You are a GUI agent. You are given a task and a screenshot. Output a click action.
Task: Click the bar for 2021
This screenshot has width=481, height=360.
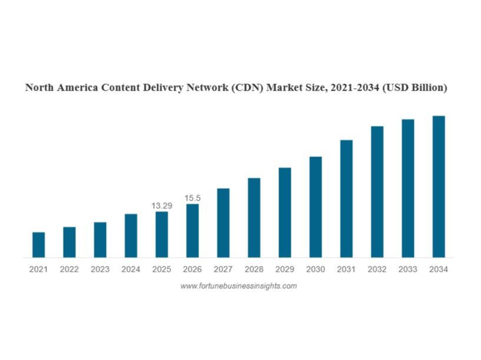click(x=38, y=245)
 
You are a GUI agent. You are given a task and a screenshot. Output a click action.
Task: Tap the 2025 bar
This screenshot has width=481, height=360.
click(x=161, y=234)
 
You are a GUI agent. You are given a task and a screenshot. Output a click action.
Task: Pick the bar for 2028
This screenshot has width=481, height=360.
click(x=254, y=217)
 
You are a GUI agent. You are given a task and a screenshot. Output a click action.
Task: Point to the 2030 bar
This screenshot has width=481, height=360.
click(x=316, y=206)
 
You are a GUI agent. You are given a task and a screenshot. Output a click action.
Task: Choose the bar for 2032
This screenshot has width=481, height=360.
click(x=377, y=191)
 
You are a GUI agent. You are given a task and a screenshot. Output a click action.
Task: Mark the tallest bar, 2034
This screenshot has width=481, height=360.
click(x=439, y=186)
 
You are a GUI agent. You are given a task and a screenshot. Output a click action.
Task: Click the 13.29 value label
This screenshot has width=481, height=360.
click(x=162, y=206)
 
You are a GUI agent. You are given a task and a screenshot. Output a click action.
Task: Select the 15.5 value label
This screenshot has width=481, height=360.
click(x=193, y=198)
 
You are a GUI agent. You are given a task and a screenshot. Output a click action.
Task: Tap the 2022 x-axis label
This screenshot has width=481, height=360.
click(x=69, y=269)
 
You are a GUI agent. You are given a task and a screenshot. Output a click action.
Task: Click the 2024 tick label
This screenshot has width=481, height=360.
click(x=131, y=269)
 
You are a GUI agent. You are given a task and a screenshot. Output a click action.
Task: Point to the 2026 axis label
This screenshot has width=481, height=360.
click(x=193, y=269)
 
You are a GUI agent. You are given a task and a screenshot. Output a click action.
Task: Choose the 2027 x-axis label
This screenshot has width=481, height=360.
click(x=223, y=269)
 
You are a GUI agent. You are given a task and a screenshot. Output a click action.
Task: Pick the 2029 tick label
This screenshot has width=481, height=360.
click(x=285, y=269)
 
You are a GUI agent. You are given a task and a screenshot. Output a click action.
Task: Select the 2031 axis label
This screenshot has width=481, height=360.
click(x=346, y=269)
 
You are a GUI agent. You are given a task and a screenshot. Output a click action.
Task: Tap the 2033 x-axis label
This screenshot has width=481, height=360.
click(x=408, y=269)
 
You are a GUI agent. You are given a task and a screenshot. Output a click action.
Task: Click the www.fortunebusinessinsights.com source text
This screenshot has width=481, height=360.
click(x=238, y=286)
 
